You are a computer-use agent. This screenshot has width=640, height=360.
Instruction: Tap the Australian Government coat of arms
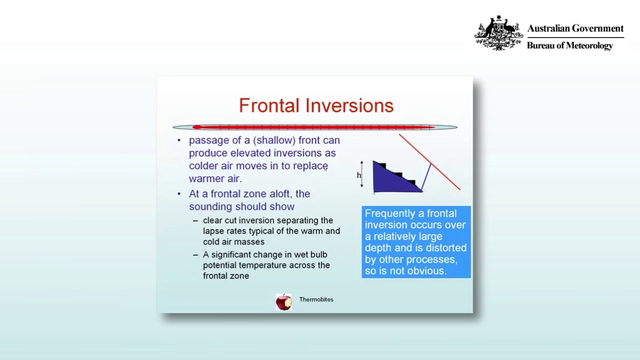(498, 33)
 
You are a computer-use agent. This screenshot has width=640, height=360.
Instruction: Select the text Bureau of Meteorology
(569, 45)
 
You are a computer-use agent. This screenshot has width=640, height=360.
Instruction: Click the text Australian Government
(575, 28)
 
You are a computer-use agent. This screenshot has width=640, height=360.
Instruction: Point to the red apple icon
(283, 302)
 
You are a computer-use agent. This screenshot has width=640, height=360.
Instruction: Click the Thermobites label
(316, 299)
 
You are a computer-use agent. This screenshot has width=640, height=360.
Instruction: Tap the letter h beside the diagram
(358, 175)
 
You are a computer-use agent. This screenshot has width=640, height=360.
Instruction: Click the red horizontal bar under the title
(315, 127)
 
